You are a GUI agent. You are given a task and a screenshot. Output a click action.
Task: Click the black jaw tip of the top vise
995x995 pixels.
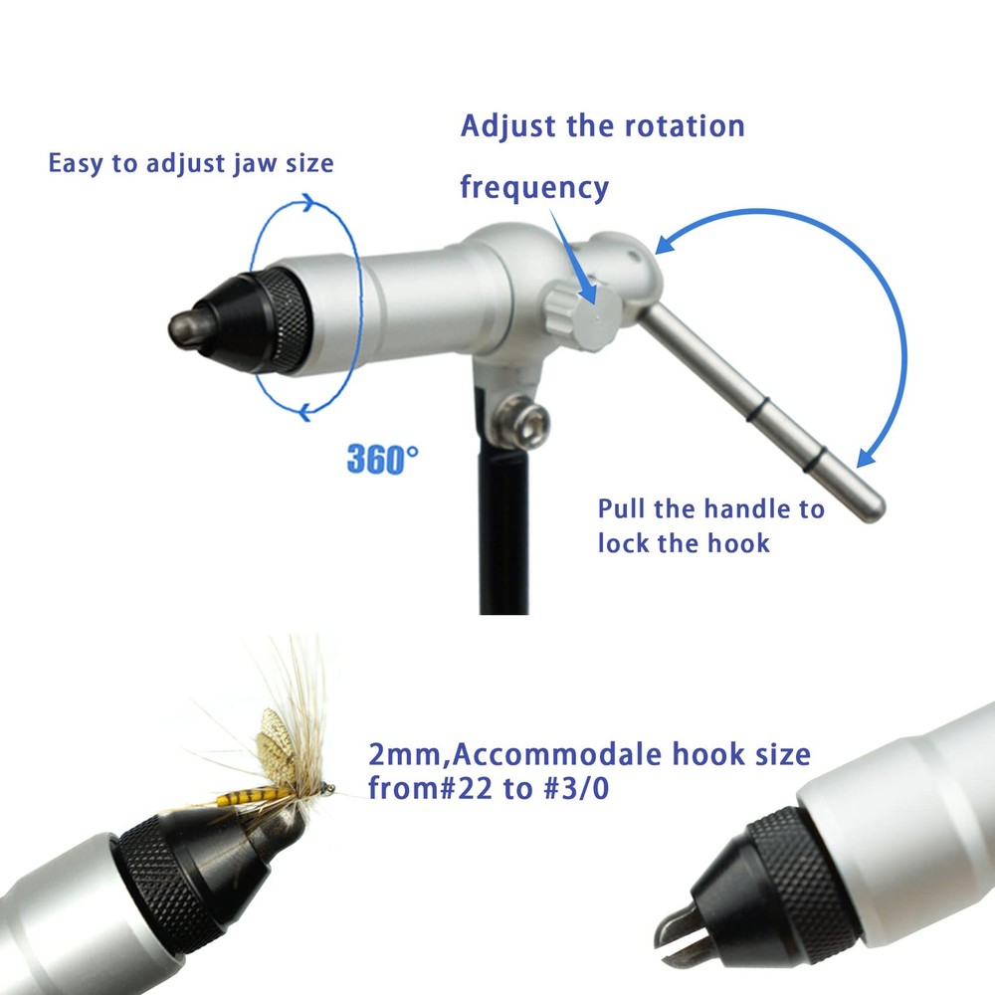tap(189, 327)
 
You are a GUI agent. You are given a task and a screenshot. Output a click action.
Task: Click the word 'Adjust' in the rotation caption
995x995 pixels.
tap(508, 126)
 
